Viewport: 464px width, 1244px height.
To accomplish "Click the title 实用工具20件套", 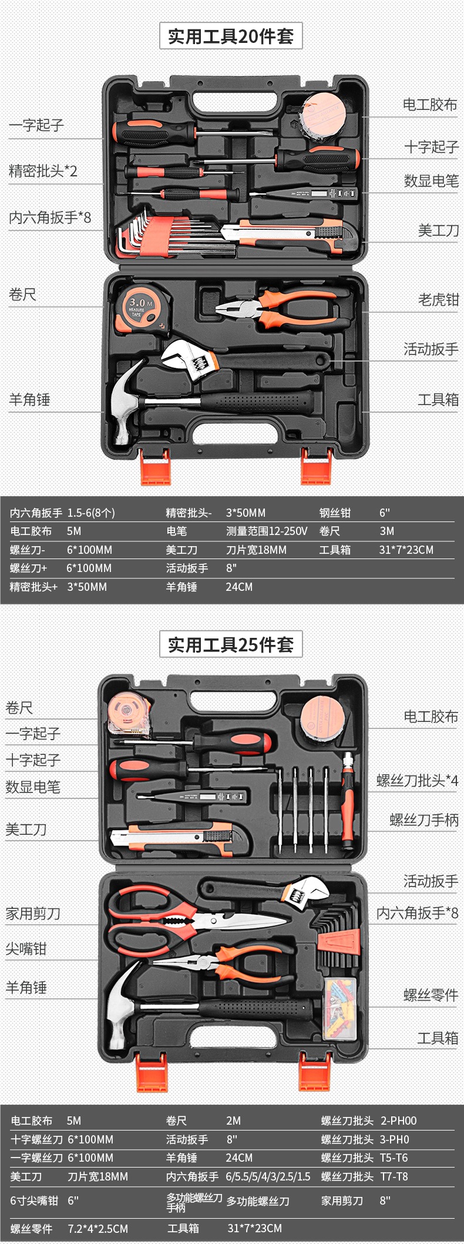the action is pyautogui.click(x=231, y=36).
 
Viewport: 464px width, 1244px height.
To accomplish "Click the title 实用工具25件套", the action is pyautogui.click(x=231, y=645).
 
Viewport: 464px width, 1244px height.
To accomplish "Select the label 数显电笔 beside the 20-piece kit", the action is pyautogui.click(x=431, y=181).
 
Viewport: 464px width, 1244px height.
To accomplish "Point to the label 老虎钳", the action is pyautogui.click(x=438, y=300).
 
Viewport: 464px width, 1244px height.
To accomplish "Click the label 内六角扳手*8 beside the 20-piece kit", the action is pyautogui.click(x=50, y=218).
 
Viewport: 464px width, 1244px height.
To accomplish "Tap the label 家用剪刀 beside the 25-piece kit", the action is pyautogui.click(x=33, y=914).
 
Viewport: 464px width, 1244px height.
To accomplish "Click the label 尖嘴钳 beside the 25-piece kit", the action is pyautogui.click(x=26, y=949).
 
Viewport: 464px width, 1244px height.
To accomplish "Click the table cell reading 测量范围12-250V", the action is pyautogui.click(x=267, y=531).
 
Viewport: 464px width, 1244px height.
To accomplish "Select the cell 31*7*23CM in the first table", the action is pyautogui.click(x=406, y=550).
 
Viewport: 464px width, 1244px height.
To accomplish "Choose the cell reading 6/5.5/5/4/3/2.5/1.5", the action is pyautogui.click(x=268, y=1176).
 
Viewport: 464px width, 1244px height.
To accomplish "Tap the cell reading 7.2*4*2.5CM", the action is pyautogui.click(x=97, y=1229).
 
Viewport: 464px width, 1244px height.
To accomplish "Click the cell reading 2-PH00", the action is pyautogui.click(x=398, y=1121).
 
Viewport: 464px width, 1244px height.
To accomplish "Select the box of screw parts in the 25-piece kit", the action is pyautogui.click(x=340, y=1009).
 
